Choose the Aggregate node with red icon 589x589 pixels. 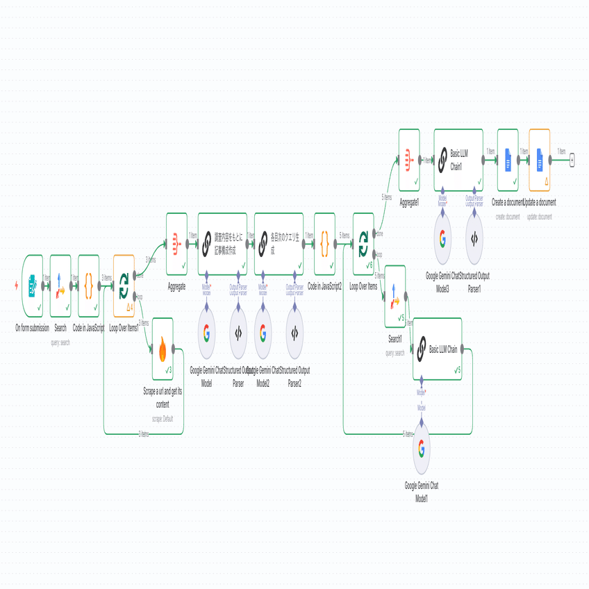(x=176, y=244)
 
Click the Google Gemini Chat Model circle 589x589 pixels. (x=206, y=334)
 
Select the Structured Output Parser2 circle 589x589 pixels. (x=294, y=334)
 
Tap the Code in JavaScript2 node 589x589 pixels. (x=324, y=244)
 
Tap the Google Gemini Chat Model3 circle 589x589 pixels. (x=442, y=238)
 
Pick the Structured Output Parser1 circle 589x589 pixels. (x=474, y=238)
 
